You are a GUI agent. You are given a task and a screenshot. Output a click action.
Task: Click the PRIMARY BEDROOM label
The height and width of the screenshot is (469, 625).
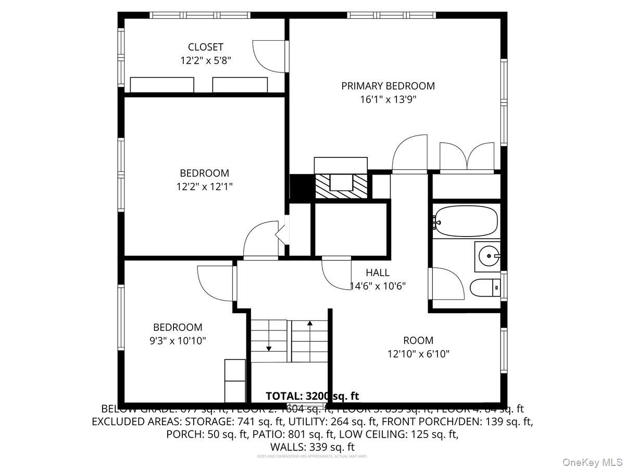[x=387, y=86]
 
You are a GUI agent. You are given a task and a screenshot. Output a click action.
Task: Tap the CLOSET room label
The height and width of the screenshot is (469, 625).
[x=205, y=47]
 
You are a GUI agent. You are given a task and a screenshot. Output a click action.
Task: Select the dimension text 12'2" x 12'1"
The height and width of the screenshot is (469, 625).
[x=204, y=186]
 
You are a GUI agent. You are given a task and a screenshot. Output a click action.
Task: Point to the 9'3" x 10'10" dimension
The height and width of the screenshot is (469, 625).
[x=178, y=341]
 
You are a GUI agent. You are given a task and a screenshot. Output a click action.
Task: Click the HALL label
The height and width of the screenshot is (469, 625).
[x=377, y=273]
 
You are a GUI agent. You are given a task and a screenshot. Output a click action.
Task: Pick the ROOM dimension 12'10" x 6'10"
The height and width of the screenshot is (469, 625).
[x=418, y=354]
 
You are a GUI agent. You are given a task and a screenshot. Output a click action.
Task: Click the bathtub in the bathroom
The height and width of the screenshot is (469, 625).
[x=465, y=223]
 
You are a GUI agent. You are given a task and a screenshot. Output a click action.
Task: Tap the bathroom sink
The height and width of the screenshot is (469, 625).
[x=488, y=256]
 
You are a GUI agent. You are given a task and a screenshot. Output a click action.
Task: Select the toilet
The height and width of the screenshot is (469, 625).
[x=485, y=287]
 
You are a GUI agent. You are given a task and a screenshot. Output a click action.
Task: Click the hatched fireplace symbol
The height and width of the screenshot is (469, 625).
[x=341, y=185]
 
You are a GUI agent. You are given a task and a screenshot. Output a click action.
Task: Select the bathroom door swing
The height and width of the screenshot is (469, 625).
[x=445, y=284]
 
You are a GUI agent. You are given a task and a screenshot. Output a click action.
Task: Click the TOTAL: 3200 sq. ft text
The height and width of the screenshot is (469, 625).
[x=312, y=397]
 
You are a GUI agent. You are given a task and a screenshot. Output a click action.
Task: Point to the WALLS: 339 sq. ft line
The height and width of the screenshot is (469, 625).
[x=312, y=447]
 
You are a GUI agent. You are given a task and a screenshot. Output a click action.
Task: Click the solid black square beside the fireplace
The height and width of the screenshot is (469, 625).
[x=299, y=187]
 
